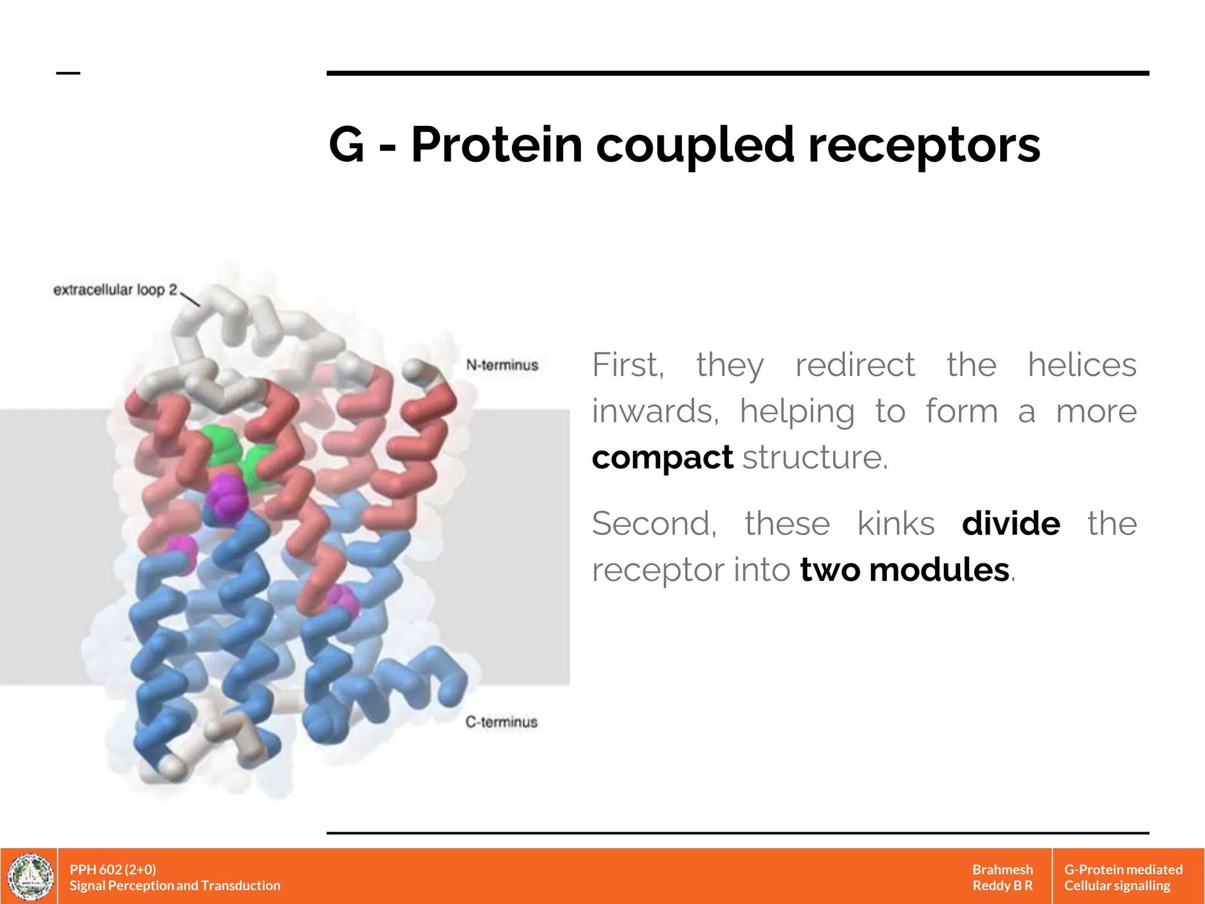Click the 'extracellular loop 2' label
click(115, 290)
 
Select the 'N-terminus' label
click(502, 365)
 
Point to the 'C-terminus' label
click(501, 722)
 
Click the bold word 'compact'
click(662, 457)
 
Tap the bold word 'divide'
click(1011, 523)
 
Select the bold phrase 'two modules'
click(904, 570)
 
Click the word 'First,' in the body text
click(628, 365)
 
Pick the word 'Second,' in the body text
click(654, 523)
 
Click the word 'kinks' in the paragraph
click(896, 523)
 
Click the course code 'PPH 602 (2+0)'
click(112, 869)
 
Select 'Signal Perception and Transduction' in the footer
click(175, 885)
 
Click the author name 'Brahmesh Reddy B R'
click(1002, 877)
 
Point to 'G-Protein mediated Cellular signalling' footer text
click(1123, 877)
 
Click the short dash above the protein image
click(68, 73)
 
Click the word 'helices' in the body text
click(1081, 365)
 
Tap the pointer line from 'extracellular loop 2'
click(190, 298)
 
